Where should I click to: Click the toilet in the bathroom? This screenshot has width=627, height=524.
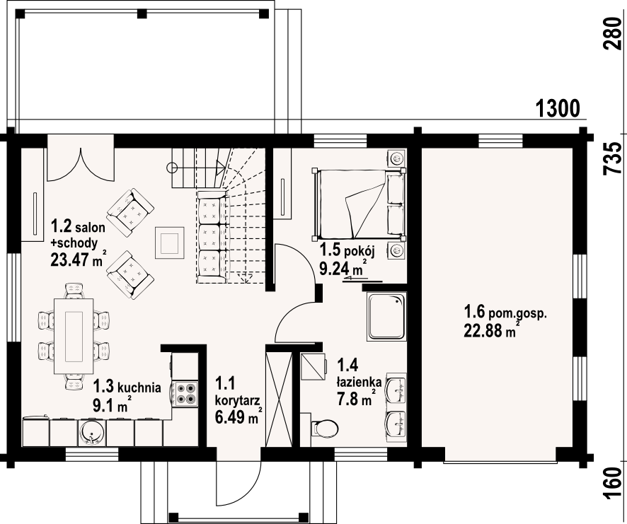pyautogui.click(x=324, y=429)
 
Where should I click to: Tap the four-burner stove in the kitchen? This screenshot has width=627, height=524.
pyautogui.click(x=185, y=394)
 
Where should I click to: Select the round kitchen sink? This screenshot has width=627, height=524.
pyautogui.click(x=92, y=432)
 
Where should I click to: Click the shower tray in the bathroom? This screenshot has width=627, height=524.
pyautogui.click(x=386, y=317)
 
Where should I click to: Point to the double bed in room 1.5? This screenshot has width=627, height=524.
pyautogui.click(x=359, y=204)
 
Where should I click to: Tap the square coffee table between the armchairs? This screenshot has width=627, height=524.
pyautogui.click(x=170, y=243)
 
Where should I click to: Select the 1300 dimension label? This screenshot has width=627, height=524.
pyautogui.click(x=558, y=108)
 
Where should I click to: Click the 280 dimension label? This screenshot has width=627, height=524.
pyautogui.click(x=612, y=33)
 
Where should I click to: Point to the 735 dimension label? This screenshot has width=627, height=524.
pyautogui.click(x=612, y=158)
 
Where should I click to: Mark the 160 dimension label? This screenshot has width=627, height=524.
pyautogui.click(x=612, y=484)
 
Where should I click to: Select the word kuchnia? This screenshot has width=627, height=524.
pyautogui.click(x=140, y=387)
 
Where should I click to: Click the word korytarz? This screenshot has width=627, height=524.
pyautogui.click(x=238, y=400)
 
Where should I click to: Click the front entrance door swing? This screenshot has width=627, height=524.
pyautogui.click(x=238, y=484)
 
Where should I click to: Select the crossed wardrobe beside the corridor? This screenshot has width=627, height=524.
pyautogui.click(x=280, y=397)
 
